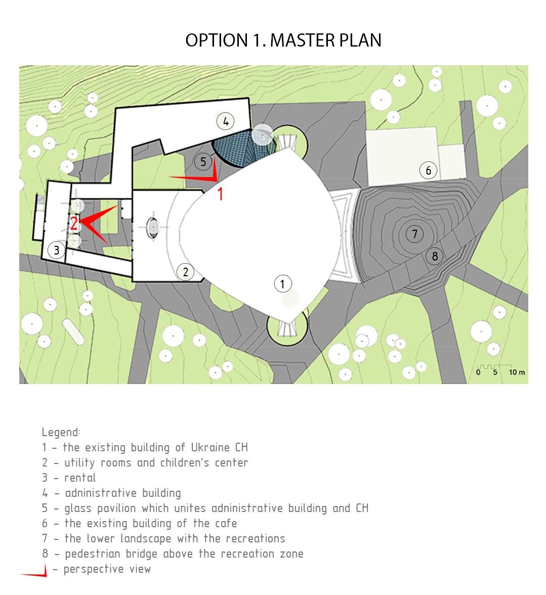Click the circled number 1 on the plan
click(283, 283)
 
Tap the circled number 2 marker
click(186, 272)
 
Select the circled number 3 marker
click(57, 250)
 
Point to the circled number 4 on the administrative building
click(225, 121)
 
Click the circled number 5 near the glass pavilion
click(203, 162)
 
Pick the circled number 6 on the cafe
click(429, 171)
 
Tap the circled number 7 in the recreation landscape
click(415, 234)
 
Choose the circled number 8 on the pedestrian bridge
click(435, 257)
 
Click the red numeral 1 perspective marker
click(220, 194)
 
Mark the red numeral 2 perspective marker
click(73, 224)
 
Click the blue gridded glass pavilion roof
click(243, 148)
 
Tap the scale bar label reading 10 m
click(517, 372)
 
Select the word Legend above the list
click(61, 432)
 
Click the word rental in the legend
click(80, 478)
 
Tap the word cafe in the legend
click(226, 523)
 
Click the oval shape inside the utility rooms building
click(152, 227)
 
